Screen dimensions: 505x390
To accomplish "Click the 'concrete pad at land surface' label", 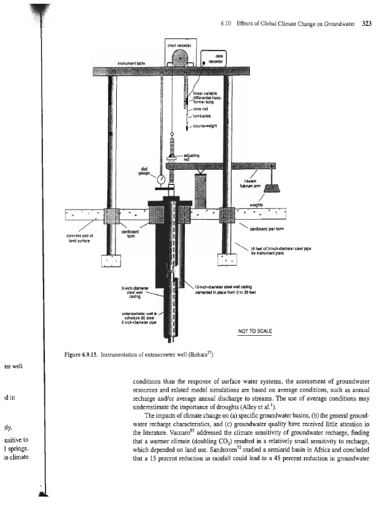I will [x=80, y=238].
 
